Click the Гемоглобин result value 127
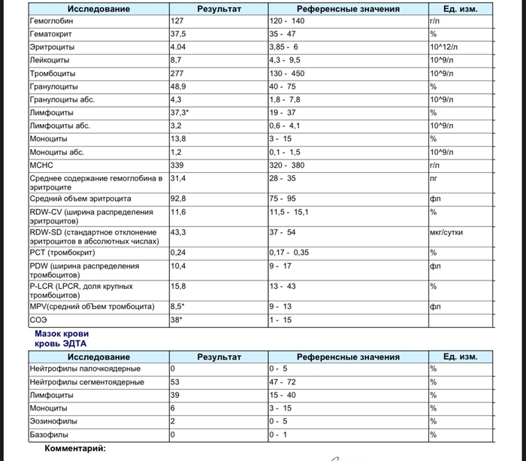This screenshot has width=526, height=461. [177, 21]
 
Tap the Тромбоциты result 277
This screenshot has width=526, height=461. [177, 73]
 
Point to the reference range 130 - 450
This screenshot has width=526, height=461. [287, 73]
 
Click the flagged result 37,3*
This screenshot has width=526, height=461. [180, 112]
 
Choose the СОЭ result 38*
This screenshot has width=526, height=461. [177, 320]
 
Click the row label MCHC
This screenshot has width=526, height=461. [41, 165]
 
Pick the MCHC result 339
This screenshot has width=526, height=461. [177, 165]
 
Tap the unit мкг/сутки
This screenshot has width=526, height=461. [446, 232]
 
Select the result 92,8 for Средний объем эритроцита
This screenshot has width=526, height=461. [179, 199]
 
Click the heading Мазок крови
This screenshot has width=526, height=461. [62, 333]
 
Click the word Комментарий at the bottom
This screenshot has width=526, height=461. [75, 449]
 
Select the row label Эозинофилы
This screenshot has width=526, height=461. [53, 421]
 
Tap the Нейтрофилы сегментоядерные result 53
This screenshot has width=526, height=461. [175, 382]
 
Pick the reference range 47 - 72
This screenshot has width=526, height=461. [284, 382]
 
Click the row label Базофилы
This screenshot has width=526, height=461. [49, 435]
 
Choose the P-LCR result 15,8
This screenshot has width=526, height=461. [179, 286]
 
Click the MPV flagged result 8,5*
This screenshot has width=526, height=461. [178, 306]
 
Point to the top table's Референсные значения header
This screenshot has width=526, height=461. [348, 9]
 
